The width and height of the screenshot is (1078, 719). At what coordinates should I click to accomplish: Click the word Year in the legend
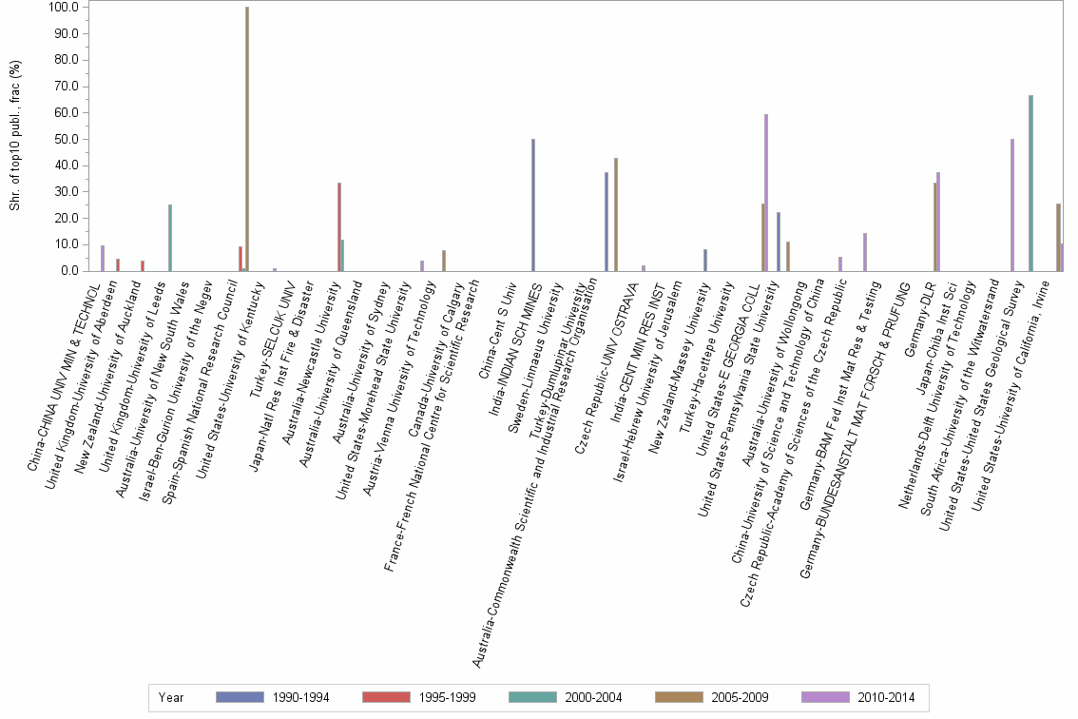coord(172,698)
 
